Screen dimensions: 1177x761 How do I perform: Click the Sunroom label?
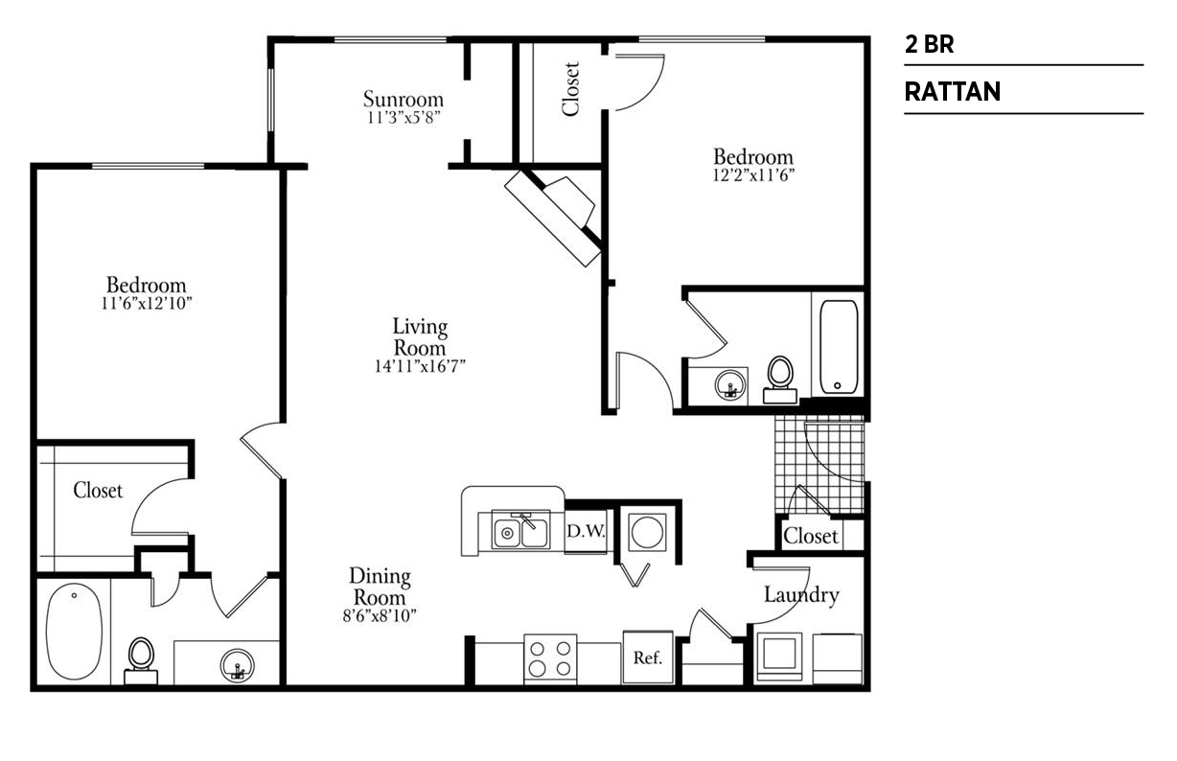(x=403, y=99)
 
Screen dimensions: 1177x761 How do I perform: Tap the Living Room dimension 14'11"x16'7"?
(x=420, y=366)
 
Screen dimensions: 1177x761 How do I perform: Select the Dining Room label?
(x=380, y=587)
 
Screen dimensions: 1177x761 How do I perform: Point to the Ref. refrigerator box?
(x=648, y=657)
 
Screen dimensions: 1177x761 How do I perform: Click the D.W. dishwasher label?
(x=586, y=531)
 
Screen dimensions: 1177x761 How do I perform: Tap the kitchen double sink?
(x=520, y=530)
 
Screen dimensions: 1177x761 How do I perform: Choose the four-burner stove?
(x=550, y=659)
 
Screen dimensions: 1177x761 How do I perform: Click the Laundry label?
(x=801, y=595)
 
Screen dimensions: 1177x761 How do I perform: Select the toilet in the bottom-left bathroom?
(x=141, y=661)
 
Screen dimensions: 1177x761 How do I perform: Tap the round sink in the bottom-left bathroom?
(x=237, y=665)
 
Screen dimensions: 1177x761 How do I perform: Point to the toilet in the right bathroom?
(x=780, y=380)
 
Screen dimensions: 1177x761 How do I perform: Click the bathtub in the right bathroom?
(x=839, y=347)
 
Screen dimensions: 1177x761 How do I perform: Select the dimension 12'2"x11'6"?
(x=753, y=175)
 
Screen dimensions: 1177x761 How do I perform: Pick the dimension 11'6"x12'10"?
(x=147, y=303)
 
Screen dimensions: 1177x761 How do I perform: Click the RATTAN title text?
(x=952, y=91)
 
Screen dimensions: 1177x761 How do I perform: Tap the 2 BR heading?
(x=929, y=44)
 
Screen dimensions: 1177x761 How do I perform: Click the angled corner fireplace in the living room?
(x=553, y=217)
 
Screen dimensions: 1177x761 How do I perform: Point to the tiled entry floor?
(x=819, y=465)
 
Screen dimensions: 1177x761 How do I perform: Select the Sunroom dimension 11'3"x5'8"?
(x=403, y=117)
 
